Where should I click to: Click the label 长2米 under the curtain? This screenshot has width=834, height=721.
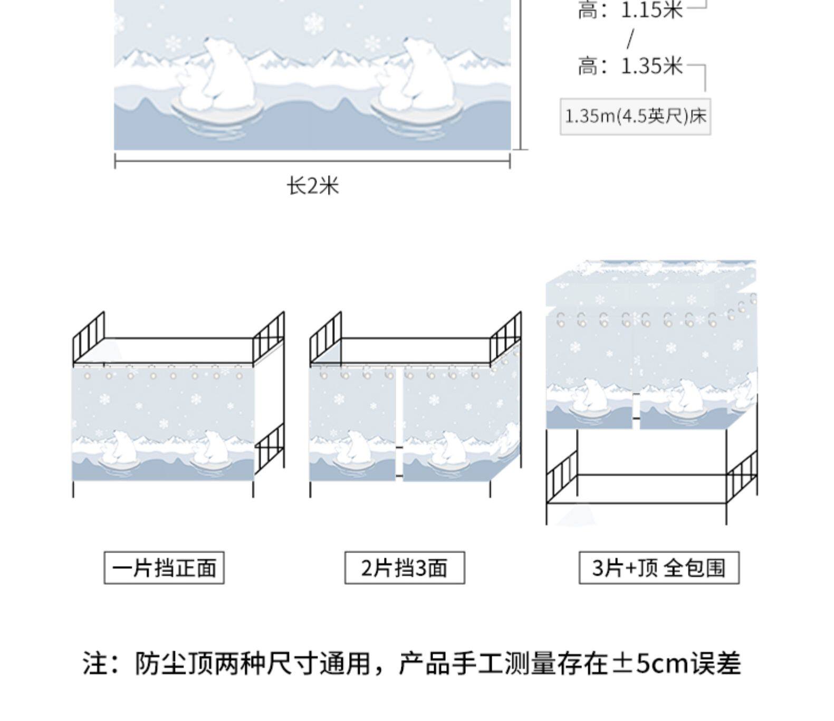coord(312,186)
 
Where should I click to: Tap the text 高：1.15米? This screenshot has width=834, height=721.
coord(630,10)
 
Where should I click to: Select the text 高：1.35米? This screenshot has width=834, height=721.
coord(630,67)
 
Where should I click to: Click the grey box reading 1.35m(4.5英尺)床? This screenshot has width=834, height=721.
coord(635,116)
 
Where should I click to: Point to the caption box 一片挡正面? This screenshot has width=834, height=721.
coord(164,568)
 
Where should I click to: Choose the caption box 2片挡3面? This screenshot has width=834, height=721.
coord(405,568)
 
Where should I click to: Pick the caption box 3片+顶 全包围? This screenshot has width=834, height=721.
coord(659,568)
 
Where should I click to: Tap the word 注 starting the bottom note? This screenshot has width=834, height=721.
coord(95,663)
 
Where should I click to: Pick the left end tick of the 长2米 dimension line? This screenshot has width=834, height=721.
coord(115,161)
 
